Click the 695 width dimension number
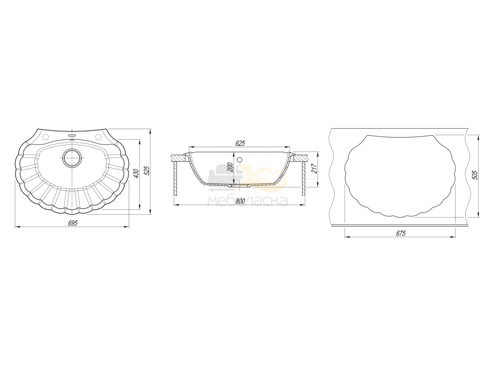[73, 223]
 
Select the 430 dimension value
[136, 173]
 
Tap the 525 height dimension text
[147, 171]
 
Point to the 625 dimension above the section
[240, 143]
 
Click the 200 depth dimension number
[230, 167]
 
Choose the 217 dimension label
[315, 168]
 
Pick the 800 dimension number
[240, 201]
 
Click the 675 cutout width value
[401, 233]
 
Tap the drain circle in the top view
[72, 158]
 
